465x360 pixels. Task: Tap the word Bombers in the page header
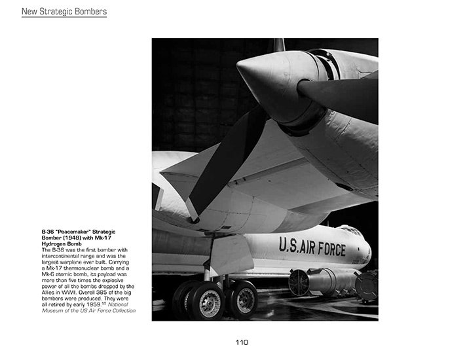(92, 11)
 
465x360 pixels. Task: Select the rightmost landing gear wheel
(243, 300)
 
